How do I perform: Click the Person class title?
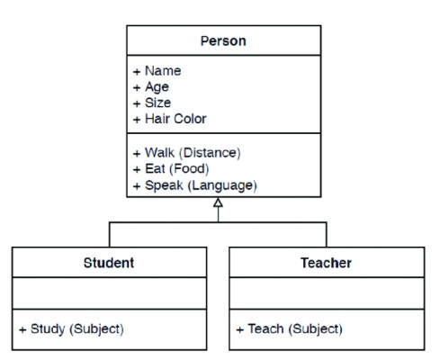223,40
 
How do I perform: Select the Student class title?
109,263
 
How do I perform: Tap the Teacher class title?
326,263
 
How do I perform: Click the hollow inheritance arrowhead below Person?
218,202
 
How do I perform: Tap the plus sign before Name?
137,72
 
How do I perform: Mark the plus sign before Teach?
240,329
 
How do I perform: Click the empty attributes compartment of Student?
109,293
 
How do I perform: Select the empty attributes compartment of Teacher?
327,293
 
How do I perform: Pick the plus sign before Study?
22,329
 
